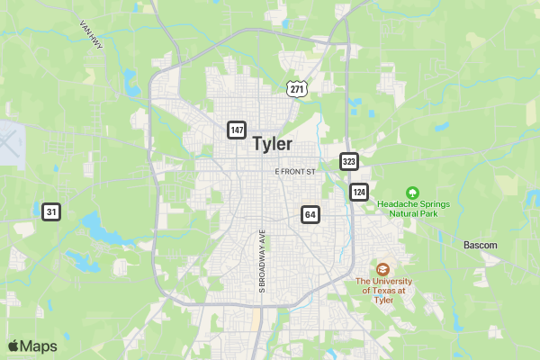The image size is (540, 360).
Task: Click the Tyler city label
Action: coord(272,144)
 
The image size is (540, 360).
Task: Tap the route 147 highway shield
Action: coord(237,130)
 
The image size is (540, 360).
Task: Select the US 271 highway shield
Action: coord(298,88)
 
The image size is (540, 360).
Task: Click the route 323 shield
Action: coord(349,161)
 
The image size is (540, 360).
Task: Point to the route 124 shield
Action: coord(359,193)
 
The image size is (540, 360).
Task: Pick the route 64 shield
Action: coord(310,214)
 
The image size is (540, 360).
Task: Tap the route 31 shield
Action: coord(51,212)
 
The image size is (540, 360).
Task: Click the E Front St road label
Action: coord(296,171)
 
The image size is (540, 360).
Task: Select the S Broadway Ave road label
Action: coord(263,260)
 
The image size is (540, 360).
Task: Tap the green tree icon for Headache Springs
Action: coord(412,192)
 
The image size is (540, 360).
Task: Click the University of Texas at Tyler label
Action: coord(383,290)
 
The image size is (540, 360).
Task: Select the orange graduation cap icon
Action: coord(382,269)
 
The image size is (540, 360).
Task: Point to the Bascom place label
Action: coord(480,245)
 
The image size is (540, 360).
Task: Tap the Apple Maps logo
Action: coord(32,346)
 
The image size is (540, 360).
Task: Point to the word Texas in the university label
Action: coord(388,290)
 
